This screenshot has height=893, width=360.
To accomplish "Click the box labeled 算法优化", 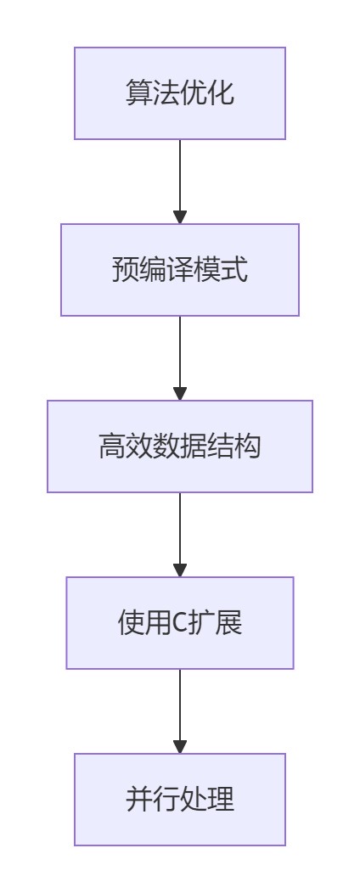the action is click(x=180, y=93).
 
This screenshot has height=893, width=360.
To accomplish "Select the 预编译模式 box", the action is click(x=180, y=270).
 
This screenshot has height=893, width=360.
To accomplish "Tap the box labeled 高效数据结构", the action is click(x=180, y=446).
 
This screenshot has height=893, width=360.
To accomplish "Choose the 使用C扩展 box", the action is click(x=180, y=623).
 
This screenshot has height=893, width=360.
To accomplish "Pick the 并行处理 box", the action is click(x=180, y=800).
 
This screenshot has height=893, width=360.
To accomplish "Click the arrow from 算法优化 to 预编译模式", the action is click(x=180, y=182).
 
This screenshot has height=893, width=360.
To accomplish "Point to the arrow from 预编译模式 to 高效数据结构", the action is click(x=180, y=358).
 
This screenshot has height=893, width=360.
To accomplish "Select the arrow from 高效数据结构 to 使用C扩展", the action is click(x=180, y=535).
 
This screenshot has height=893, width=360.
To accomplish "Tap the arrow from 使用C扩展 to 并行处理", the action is click(x=180, y=711).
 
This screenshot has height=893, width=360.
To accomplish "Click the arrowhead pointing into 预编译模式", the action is click(x=180, y=217).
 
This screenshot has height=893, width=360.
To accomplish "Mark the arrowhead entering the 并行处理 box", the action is click(x=180, y=747).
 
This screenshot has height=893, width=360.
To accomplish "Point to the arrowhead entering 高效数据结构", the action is click(x=180, y=394).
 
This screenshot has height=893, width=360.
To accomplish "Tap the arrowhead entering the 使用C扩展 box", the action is click(x=180, y=570).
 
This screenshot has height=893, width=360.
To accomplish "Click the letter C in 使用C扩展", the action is click(x=180, y=624).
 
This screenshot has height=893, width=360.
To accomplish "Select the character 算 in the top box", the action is click(x=139, y=93).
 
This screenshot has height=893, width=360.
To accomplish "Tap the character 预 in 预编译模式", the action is click(x=126, y=270).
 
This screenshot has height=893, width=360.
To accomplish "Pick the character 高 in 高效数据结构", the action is click(x=111, y=446).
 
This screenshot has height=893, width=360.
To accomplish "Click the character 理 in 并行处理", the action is click(x=221, y=800).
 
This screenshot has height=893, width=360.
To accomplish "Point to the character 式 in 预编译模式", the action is click(x=234, y=270).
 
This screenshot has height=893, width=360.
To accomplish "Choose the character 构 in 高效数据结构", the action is click(x=249, y=446).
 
